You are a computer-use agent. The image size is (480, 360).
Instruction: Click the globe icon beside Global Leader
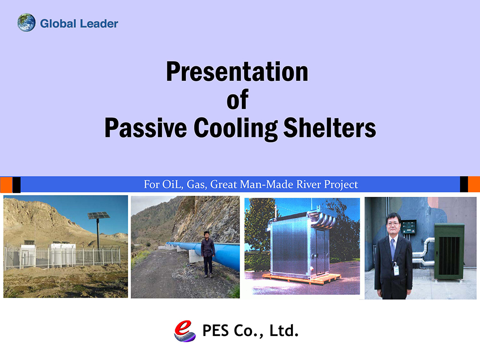coord(26,23)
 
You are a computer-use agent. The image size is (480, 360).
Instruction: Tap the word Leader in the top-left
coord(99,24)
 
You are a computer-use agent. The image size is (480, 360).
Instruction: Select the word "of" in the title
coord(237,99)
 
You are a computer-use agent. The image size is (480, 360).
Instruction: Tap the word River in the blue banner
coord(306,184)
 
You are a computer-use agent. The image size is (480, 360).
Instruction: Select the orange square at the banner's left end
coord(6,185)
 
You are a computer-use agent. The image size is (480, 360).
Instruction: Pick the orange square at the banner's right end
coord(474,184)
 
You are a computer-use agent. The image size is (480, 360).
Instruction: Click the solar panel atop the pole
coord(98,215)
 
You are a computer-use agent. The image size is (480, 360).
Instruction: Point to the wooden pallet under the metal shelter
coord(301,278)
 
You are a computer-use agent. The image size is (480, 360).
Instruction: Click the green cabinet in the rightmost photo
coord(449,252)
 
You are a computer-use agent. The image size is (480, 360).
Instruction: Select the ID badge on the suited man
coord(396,270)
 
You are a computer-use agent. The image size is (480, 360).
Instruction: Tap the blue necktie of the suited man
coord(393,248)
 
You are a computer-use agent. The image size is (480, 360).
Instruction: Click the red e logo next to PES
coord(185,331)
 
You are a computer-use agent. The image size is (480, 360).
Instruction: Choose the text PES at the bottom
coord(216,331)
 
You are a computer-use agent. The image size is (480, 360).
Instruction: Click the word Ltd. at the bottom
coord(284,331)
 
